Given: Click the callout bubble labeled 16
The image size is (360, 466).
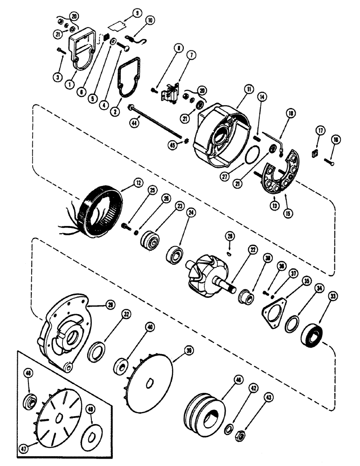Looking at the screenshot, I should [335, 140].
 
